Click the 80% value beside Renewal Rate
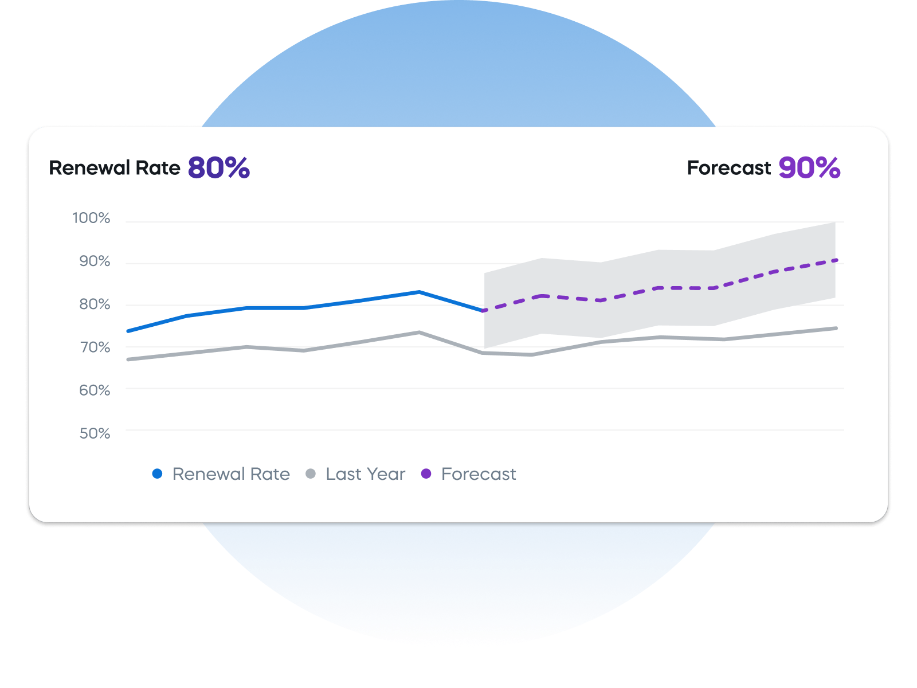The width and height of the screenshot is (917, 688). coord(219,168)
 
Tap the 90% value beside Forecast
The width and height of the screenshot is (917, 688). coord(809,168)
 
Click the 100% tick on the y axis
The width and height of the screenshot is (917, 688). coord(91,218)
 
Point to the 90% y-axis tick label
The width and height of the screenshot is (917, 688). coord(95,261)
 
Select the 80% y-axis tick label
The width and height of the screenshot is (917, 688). coord(95,304)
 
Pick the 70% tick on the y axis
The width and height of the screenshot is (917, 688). coord(95,347)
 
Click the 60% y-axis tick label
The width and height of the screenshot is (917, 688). coord(95,390)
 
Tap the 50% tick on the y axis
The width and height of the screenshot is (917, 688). coord(95,433)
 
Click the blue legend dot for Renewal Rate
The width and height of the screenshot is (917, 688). coord(157,474)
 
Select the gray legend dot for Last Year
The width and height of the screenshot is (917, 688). coord(311,474)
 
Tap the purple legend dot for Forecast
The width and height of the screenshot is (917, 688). coord(426,474)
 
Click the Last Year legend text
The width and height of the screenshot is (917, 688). coord(365,474)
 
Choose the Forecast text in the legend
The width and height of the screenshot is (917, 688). coord(479,474)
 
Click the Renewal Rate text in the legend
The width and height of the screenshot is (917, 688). coord(231,474)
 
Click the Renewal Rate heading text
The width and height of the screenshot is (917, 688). coord(115,168)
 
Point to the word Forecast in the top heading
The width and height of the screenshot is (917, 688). coord(729,168)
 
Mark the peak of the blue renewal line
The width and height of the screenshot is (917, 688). coord(419,292)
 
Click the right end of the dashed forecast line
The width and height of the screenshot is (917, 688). coord(837,260)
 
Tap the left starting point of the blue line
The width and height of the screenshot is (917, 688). coord(128,331)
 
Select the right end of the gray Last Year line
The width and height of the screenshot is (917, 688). coord(837,329)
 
